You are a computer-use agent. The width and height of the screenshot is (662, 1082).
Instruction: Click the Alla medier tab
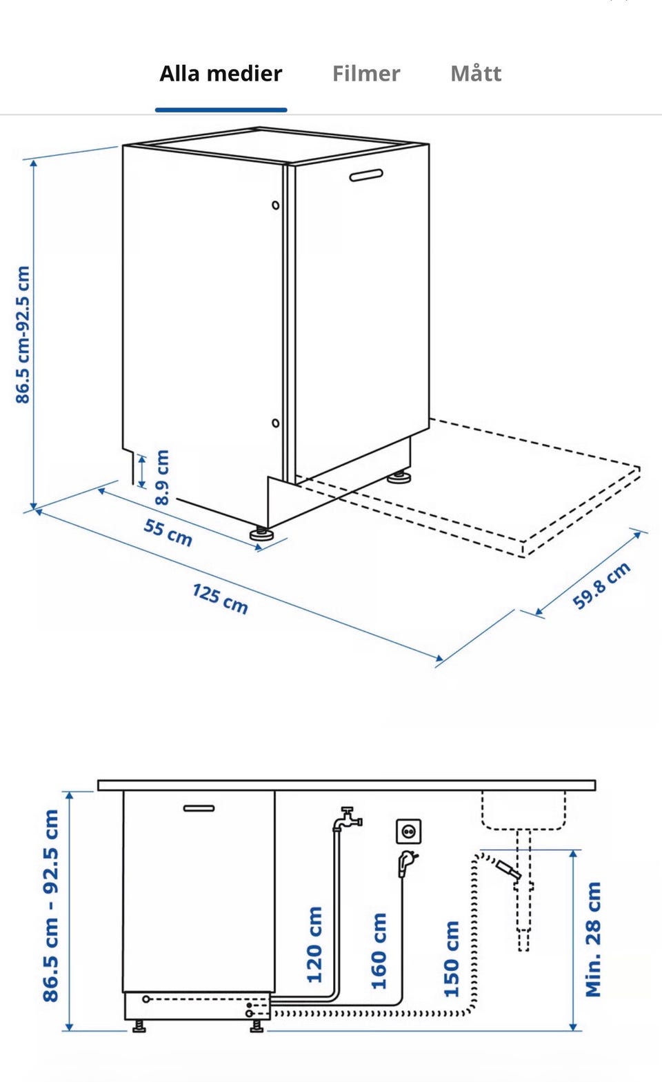[221, 74]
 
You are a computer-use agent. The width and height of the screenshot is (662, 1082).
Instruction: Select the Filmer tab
[366, 74]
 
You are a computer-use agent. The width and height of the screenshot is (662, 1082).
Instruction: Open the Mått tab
[476, 73]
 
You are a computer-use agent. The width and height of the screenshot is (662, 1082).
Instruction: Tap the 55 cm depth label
[168, 532]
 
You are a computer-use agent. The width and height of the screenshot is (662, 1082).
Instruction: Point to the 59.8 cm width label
[601, 585]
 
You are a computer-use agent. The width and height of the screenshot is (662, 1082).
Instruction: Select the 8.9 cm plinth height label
[162, 477]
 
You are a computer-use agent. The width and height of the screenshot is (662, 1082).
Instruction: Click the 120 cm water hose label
[314, 944]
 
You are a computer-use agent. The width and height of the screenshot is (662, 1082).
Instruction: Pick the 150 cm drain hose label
[452, 959]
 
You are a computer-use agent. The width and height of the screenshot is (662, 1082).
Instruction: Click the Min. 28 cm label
[593, 939]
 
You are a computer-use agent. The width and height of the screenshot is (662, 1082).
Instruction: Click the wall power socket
[408, 831]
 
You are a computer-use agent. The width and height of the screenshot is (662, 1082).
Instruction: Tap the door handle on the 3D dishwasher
[366, 175]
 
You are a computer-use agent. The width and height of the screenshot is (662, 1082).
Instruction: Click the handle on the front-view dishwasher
[199, 808]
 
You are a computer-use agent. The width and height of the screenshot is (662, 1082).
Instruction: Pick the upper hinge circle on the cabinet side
[275, 206]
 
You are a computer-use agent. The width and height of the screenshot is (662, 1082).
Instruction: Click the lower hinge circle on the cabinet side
[275, 423]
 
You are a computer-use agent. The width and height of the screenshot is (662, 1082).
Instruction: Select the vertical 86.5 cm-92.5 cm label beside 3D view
[23, 334]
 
